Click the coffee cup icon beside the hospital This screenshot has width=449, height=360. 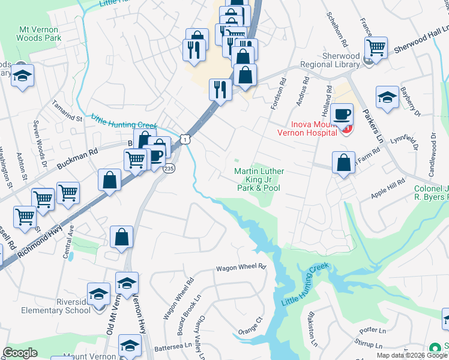click(342, 114)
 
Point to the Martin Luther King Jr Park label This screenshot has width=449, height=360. click(259, 179)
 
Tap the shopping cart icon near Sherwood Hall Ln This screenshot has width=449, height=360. click(376, 47)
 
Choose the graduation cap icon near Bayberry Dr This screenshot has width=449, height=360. click(387, 98)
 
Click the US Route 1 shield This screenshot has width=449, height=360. click(187, 139)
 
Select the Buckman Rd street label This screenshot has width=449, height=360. click(77, 158)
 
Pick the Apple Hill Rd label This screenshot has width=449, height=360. click(388, 188)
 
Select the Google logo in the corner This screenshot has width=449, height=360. click(20, 353)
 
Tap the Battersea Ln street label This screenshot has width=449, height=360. click(172, 346)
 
